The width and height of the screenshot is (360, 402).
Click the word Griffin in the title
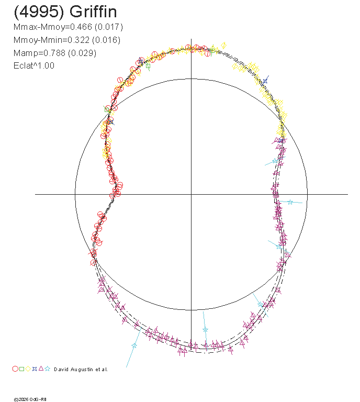click(x=93, y=12)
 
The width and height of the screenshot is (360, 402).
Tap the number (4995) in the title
click(x=39, y=12)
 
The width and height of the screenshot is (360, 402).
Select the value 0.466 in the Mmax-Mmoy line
click(x=81, y=27)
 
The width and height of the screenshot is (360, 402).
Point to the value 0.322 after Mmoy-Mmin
click(x=78, y=40)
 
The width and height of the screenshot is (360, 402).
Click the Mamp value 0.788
click(x=54, y=53)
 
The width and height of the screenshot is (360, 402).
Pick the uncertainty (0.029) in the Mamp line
click(x=82, y=53)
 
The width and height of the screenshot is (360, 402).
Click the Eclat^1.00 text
click(x=34, y=65)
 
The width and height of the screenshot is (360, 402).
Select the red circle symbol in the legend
click(x=15, y=369)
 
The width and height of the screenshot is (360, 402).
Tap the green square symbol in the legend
click(x=22, y=369)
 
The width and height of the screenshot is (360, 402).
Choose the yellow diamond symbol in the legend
click(x=28, y=369)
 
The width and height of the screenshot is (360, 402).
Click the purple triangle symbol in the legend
click(x=41, y=368)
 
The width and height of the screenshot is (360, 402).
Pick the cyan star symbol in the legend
click(x=48, y=369)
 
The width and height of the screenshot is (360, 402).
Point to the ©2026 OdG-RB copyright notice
click(x=30, y=399)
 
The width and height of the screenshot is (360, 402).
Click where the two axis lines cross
click(x=191, y=194)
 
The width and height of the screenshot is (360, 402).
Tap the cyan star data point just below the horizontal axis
click(x=290, y=202)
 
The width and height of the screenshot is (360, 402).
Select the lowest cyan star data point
click(x=134, y=346)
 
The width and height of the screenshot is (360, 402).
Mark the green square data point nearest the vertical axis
click(x=212, y=50)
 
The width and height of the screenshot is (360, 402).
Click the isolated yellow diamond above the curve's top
click(x=223, y=46)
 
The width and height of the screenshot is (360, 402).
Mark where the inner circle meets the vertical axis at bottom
click(x=191, y=310)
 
